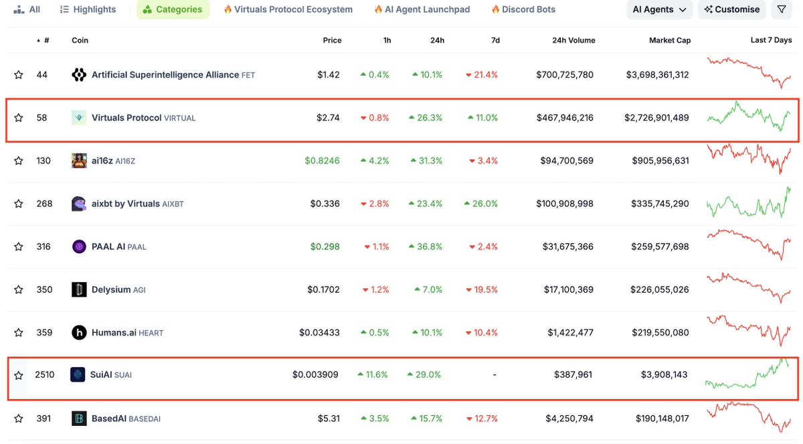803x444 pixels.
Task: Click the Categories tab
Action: (x=173, y=9)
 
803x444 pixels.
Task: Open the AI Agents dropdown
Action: (x=659, y=9)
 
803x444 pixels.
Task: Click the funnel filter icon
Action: (x=782, y=9)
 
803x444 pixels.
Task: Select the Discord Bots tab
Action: (x=523, y=9)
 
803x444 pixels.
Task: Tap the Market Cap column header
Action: (x=670, y=40)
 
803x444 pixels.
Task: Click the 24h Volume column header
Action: (x=573, y=40)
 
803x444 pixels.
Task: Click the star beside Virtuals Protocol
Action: (x=19, y=118)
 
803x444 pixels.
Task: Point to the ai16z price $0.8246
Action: (x=322, y=161)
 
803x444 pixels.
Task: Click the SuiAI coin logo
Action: (x=78, y=375)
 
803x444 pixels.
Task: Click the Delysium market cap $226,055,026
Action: (x=660, y=289)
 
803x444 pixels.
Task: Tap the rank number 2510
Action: (x=44, y=375)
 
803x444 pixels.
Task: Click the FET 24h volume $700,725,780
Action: (x=565, y=74)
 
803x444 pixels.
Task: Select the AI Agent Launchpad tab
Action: (x=422, y=9)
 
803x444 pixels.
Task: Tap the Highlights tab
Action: (x=88, y=9)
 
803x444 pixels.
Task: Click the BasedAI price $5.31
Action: (x=329, y=419)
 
